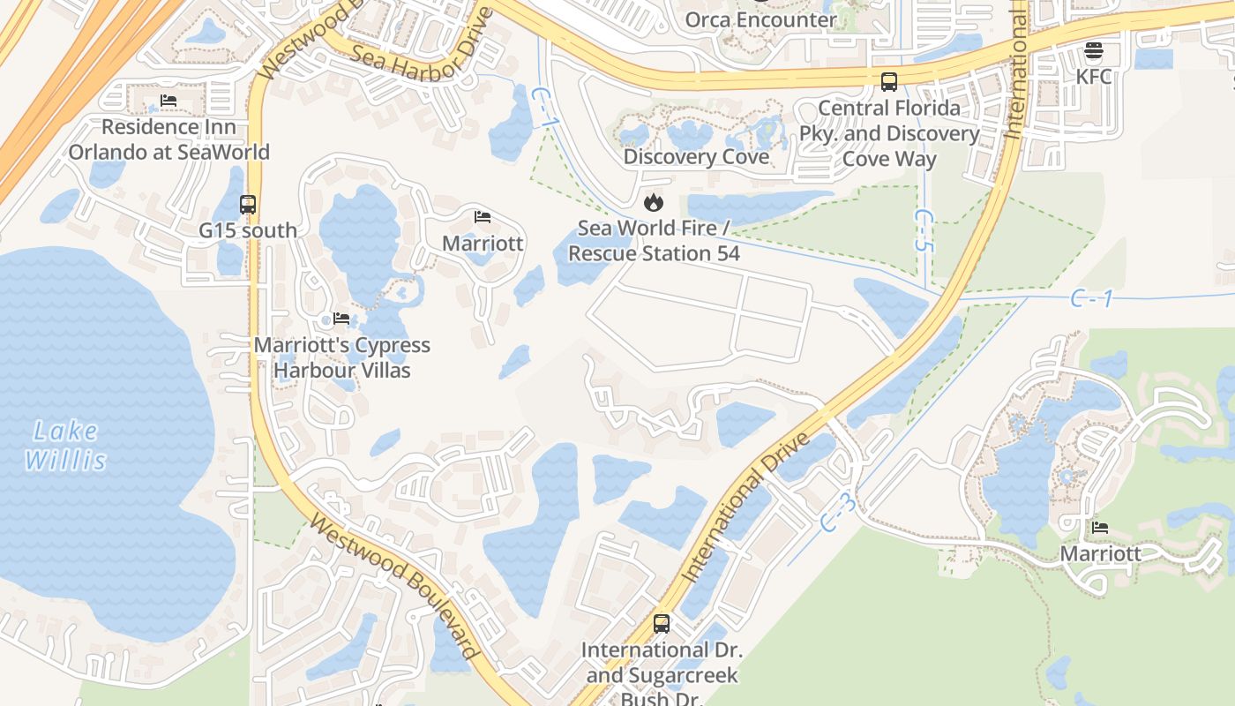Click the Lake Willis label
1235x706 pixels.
coord(65,446)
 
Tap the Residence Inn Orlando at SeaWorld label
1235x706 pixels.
coord(168,139)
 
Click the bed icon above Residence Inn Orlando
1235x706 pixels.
coord(168,101)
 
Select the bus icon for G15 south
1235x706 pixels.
coord(248,205)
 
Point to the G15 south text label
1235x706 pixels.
coord(248,230)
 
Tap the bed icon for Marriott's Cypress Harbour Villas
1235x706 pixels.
coord(341,319)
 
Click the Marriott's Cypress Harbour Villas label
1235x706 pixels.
coord(342,357)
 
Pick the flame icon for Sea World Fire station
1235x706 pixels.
coord(654,202)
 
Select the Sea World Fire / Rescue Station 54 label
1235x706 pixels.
coord(654,241)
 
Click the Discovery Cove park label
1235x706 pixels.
coord(696,157)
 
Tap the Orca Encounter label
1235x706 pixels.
coord(760,19)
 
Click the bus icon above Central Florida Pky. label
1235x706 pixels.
coord(889,82)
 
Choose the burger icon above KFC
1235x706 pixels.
coord(1094,50)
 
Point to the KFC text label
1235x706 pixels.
coord(1094,76)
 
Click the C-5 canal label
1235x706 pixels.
coord(923,231)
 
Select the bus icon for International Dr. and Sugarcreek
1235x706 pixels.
coord(662,624)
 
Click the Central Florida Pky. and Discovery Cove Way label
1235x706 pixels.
coord(889,133)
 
